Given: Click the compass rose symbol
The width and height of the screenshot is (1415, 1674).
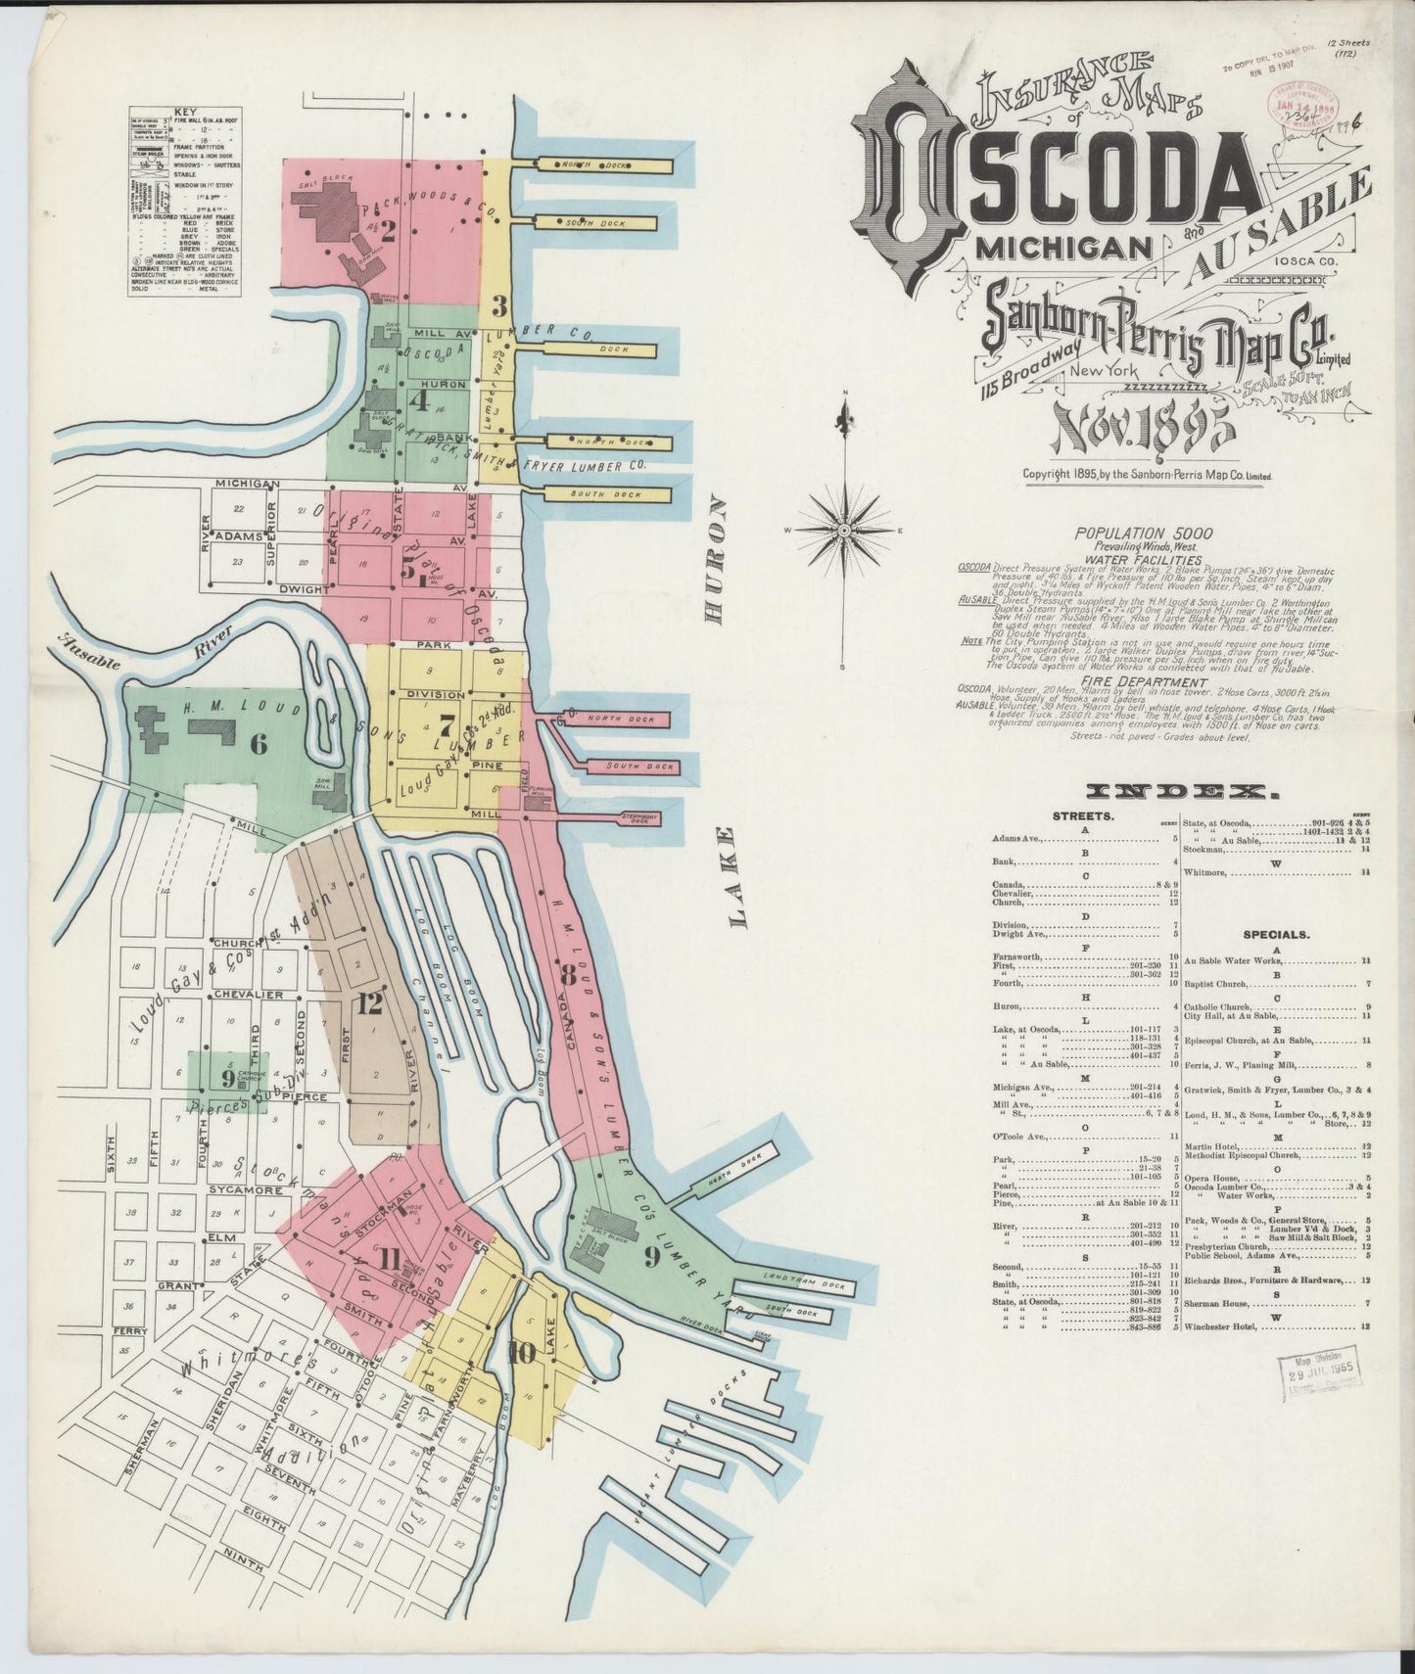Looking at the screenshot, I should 842,530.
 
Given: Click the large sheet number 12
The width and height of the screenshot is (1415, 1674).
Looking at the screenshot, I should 370,1003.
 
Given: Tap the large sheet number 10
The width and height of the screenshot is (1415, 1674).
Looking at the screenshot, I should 522,1354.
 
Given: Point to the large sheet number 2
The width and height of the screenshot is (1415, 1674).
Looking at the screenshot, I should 387,232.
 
